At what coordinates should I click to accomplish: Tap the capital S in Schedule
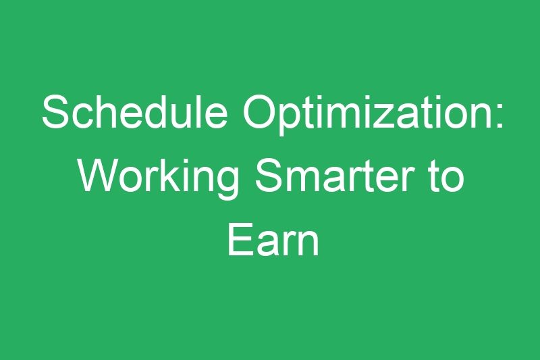55,112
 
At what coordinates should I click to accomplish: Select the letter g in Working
225,182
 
